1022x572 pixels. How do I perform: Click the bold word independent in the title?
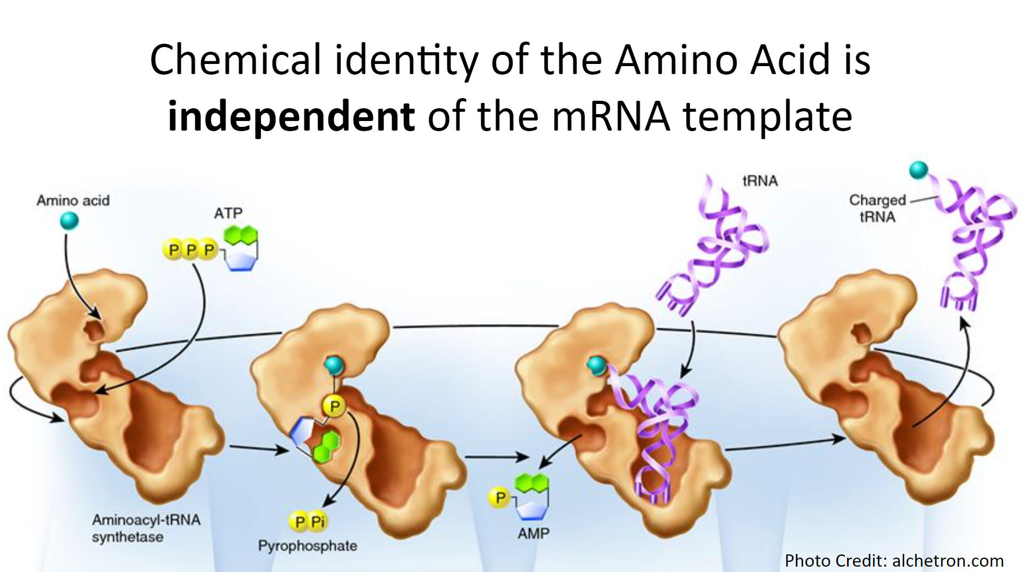tap(291, 116)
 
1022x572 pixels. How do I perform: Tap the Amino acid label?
tap(73, 200)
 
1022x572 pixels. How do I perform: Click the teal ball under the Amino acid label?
tap(69, 220)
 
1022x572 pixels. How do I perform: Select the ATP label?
tap(228, 213)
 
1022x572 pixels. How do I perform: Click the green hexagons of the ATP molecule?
tap(241, 235)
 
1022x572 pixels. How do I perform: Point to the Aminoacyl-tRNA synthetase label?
tap(146, 528)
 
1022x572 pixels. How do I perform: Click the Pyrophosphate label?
tap(307, 546)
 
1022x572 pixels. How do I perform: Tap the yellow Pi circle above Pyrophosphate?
tap(318, 521)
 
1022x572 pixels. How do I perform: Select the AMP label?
tap(533, 533)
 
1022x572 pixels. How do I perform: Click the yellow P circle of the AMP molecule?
tap(499, 498)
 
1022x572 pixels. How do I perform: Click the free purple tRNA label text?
tap(760, 181)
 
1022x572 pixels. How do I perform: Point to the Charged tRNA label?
tap(877, 208)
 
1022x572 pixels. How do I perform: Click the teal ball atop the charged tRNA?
tap(918, 170)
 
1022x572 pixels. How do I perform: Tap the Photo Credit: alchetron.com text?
tap(894, 560)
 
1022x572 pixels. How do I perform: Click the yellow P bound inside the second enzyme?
tap(334, 407)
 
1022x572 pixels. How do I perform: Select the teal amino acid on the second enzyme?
tap(334, 365)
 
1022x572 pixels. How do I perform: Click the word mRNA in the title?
tap(611, 116)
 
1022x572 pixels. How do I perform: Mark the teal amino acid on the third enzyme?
tap(596, 365)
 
